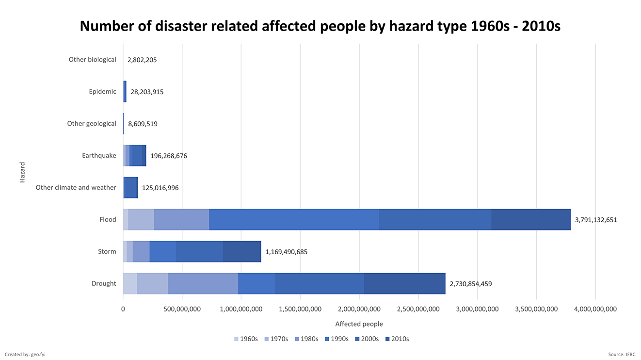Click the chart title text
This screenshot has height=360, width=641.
coord(320,26)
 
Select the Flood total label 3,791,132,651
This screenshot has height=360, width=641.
coord(596,220)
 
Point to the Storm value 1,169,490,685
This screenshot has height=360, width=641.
coord(286,252)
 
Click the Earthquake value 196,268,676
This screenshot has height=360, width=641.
coord(168,156)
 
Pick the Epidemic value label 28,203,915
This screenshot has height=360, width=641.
coord(147,92)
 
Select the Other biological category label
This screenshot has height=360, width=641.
coord(92,60)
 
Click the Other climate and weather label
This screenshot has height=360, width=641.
coord(76,187)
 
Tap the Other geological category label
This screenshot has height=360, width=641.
coord(92,124)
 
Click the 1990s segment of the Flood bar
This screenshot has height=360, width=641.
coord(293,219)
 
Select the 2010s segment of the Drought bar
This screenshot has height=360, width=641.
coord(404,283)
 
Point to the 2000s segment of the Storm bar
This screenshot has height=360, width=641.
coord(199,251)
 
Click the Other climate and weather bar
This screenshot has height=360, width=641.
coord(131,187)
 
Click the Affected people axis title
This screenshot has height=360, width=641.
coord(359,324)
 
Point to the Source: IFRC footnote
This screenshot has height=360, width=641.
coord(622,355)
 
